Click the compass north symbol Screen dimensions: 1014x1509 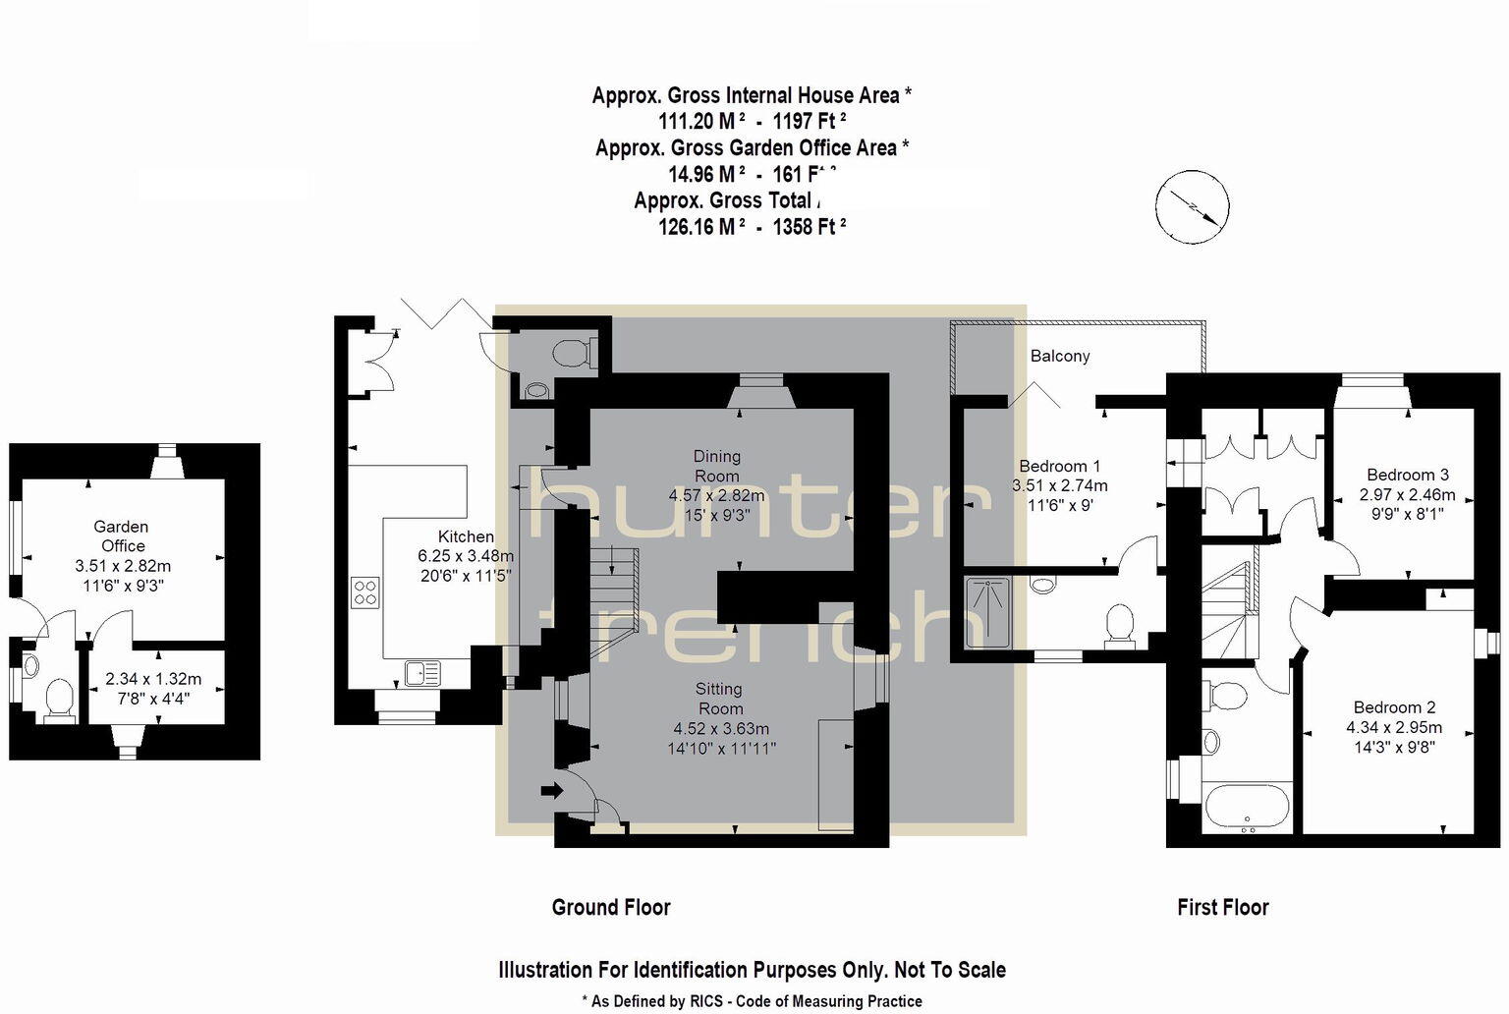coord(1192,207)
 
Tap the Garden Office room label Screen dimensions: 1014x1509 coord(122,536)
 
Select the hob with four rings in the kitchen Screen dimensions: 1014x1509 coord(365,591)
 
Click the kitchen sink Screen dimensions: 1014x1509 coord(422,673)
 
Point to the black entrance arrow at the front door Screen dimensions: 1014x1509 coord(552,789)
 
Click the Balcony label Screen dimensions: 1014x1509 coord(1060,356)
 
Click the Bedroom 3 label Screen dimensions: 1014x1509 coord(1407,475)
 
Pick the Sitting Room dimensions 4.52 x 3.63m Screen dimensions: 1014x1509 coord(720,728)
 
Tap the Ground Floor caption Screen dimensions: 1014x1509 coord(611,907)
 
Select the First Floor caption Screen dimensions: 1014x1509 coord(1222,907)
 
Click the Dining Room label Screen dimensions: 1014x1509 coord(716,466)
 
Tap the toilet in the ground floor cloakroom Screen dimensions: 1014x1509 coord(573,352)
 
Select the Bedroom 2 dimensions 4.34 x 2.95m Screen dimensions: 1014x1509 coord(1393,728)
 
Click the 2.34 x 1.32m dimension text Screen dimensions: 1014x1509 coord(153,679)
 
